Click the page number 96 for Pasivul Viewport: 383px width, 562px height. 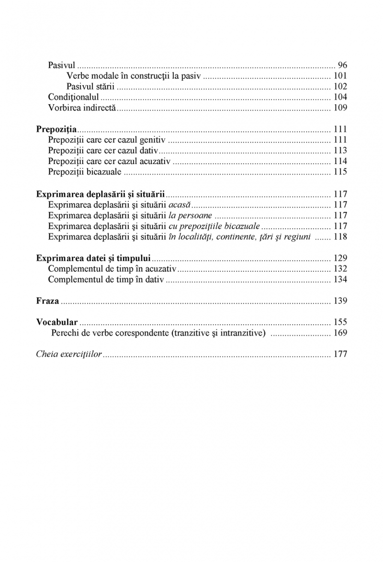pyautogui.click(x=342, y=65)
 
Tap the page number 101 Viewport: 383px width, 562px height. pyautogui.click(x=339, y=76)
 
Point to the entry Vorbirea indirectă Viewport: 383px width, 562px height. pyautogui.click(x=82, y=108)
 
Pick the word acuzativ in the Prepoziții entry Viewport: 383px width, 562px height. pyautogui.click(x=154, y=161)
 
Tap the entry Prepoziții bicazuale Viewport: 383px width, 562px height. pyautogui.click(x=85, y=172)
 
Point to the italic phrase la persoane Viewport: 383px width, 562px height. pyautogui.click(x=191, y=215)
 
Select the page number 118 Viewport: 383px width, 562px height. pyautogui.click(x=339, y=236)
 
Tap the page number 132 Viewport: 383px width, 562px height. pyautogui.click(x=339, y=269)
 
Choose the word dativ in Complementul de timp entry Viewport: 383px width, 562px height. pyautogui.click(x=153, y=279)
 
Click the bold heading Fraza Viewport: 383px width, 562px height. pyautogui.click(x=47, y=301)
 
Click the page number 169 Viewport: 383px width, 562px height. pyautogui.click(x=339, y=333)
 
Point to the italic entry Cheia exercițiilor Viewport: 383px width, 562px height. pyautogui.click(x=69, y=354)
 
